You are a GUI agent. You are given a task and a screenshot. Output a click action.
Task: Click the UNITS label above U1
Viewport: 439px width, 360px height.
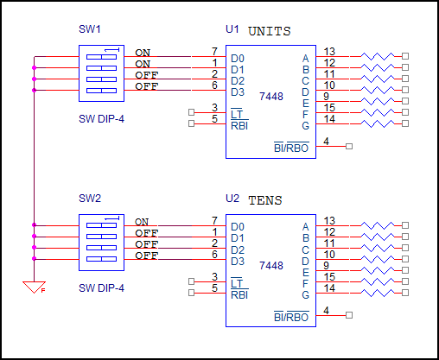tap(269, 32)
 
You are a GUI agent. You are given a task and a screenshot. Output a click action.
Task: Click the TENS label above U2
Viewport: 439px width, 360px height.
tap(264, 199)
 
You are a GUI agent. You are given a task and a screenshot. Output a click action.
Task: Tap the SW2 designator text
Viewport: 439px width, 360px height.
tap(90, 199)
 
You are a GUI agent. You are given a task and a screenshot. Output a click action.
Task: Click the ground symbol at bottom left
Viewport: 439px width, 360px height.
tap(34, 287)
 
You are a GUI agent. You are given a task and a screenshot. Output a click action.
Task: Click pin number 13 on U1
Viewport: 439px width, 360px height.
tap(329, 52)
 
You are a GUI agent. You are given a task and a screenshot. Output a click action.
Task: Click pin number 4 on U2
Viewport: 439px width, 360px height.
tap(326, 310)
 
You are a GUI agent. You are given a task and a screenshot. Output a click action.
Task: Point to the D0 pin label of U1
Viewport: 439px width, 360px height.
tap(237, 59)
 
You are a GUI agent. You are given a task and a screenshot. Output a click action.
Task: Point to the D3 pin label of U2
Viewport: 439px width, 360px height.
tap(237, 261)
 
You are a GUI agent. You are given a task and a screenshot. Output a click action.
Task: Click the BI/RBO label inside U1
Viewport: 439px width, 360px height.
tap(290, 148)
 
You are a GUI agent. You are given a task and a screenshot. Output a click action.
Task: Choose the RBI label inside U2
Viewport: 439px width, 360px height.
tap(239, 294)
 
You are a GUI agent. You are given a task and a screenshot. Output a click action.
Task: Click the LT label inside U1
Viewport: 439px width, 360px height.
tap(237, 114)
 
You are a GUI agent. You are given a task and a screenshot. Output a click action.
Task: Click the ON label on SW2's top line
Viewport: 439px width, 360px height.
tap(142, 222)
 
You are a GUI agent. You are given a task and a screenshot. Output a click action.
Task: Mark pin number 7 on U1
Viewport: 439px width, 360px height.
tap(213, 52)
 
